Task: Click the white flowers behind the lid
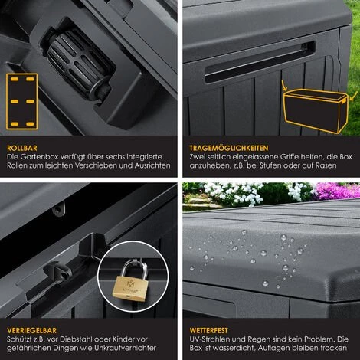(230, 193)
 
